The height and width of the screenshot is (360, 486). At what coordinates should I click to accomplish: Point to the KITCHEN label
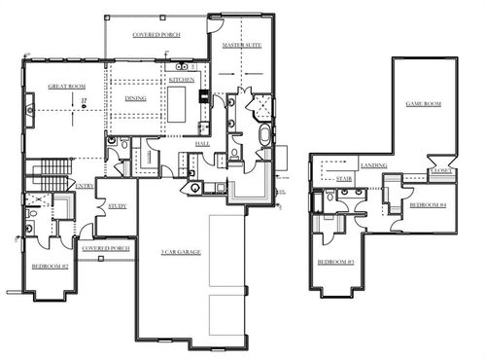point(182,79)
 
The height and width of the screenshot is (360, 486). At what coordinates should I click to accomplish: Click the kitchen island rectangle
point(179,102)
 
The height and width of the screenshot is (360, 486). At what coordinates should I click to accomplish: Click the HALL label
point(202,143)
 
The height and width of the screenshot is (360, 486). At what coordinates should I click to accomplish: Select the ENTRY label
point(86,185)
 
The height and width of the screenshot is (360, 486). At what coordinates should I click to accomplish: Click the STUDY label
point(118,205)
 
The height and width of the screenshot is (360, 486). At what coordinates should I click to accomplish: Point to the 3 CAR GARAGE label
point(180,252)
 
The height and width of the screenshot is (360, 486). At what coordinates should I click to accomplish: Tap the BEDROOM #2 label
point(49,266)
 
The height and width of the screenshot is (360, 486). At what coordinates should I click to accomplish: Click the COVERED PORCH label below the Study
point(106,247)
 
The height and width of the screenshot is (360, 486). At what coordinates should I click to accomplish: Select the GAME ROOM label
point(424,103)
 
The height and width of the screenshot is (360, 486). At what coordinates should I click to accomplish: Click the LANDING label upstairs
point(374,165)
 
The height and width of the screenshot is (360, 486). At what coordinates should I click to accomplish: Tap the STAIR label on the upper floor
point(342,179)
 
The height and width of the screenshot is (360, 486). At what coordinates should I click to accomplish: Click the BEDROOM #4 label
point(428,205)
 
